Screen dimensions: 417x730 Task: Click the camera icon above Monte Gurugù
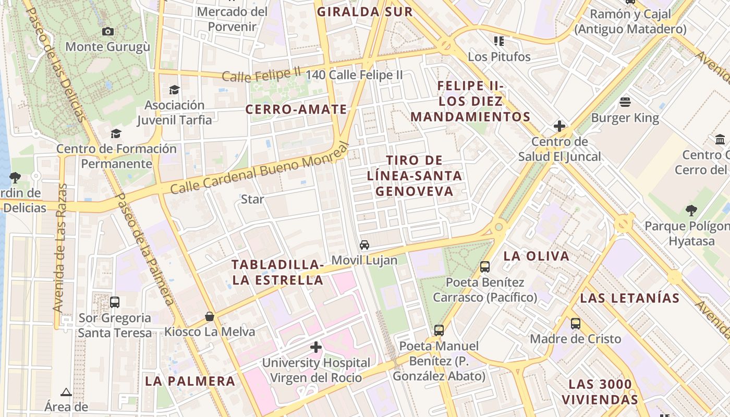108,31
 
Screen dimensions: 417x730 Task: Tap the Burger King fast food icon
625,102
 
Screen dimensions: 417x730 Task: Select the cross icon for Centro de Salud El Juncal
559,126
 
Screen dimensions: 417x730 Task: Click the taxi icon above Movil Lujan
364,244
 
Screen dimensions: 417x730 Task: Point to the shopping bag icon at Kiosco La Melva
210,316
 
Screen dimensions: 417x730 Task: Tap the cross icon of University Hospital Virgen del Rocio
316,347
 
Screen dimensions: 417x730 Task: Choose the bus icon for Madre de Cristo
576,323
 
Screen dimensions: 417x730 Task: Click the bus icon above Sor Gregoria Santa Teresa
115,302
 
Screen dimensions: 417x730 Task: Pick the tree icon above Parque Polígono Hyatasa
691,211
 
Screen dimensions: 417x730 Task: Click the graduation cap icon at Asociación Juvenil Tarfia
174,90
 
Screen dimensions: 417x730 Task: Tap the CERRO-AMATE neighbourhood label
296,109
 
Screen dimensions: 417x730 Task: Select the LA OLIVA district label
537,256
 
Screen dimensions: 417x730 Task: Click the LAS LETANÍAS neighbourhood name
630,298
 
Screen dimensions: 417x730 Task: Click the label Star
252,199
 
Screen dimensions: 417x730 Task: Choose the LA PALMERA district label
190,381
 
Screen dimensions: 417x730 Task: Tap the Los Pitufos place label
499,57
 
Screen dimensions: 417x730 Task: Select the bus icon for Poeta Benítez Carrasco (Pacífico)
485,267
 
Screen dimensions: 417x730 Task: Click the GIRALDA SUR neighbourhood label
365,12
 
